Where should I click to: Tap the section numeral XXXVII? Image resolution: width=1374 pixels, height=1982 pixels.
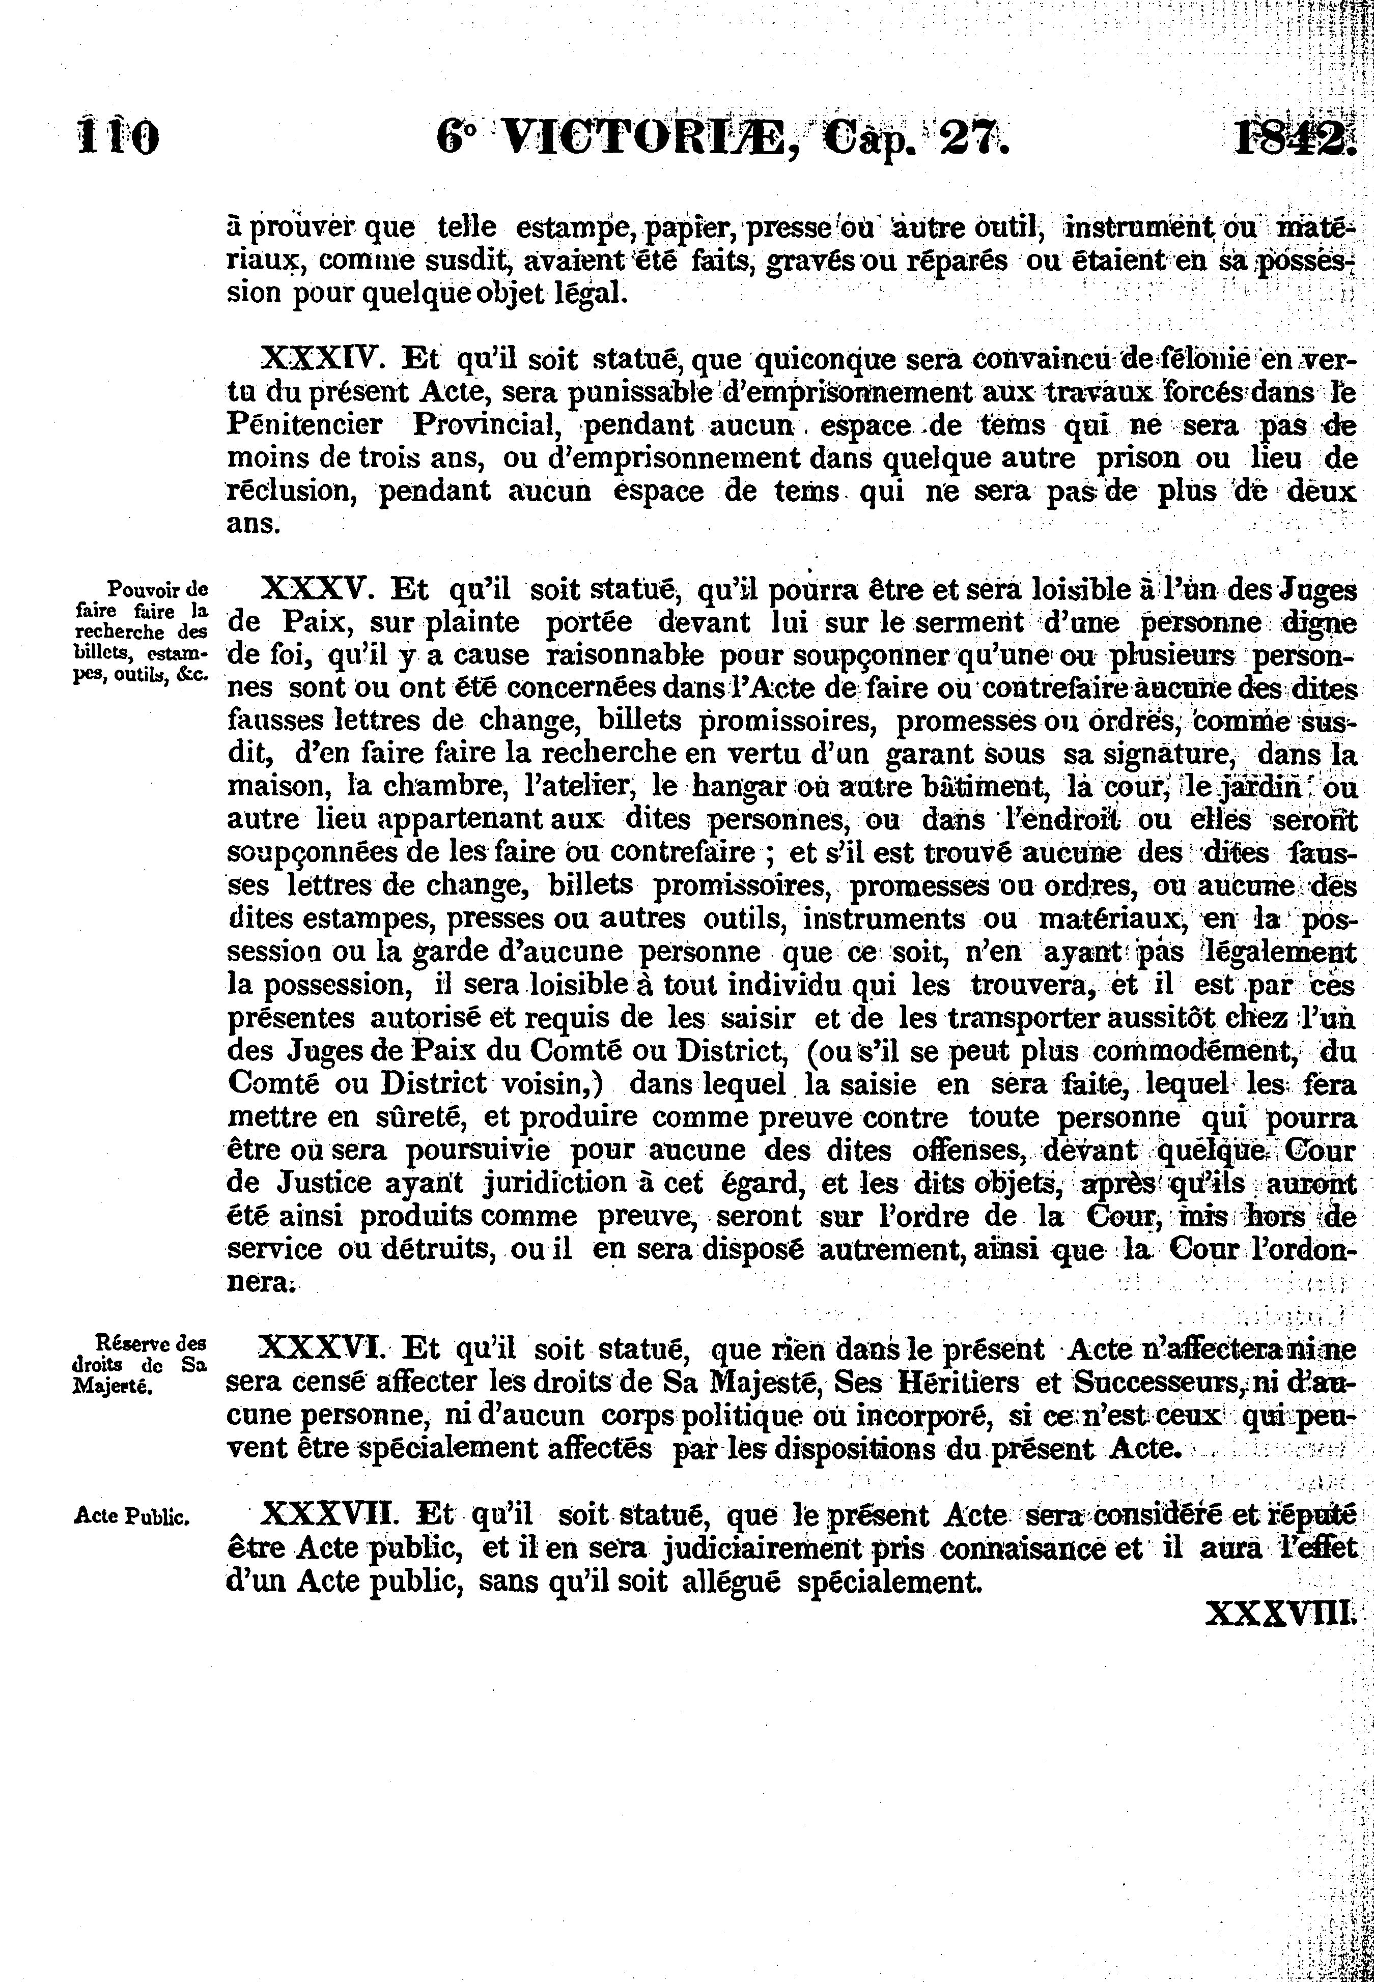tap(330, 1513)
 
